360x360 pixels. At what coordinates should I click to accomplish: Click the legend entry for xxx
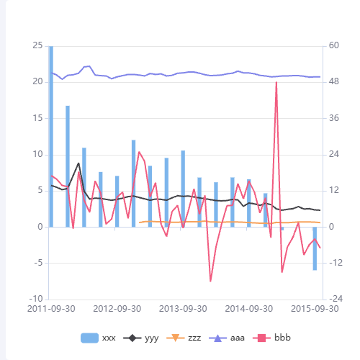99,337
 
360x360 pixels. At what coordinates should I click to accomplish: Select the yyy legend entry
143,337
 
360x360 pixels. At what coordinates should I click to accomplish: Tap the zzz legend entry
185,337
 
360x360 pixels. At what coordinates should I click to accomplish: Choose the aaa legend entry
228,337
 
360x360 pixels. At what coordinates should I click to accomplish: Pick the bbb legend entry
272,337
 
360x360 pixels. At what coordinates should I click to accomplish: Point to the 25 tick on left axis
38,45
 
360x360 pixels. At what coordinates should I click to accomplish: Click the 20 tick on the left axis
38,82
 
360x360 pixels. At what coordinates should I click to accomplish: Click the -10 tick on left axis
36,299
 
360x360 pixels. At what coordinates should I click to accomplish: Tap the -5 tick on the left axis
38,263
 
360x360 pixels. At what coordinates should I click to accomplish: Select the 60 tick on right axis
335,45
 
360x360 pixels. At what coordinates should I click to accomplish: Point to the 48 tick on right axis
335,82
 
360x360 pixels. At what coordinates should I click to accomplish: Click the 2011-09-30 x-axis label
50,309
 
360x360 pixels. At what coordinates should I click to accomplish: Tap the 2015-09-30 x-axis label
314,309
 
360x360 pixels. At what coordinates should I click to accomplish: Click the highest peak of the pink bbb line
276,82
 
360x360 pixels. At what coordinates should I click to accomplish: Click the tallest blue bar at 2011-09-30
50,136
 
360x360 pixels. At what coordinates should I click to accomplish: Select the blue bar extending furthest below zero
315,248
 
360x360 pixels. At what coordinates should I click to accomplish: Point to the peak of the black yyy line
78,163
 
